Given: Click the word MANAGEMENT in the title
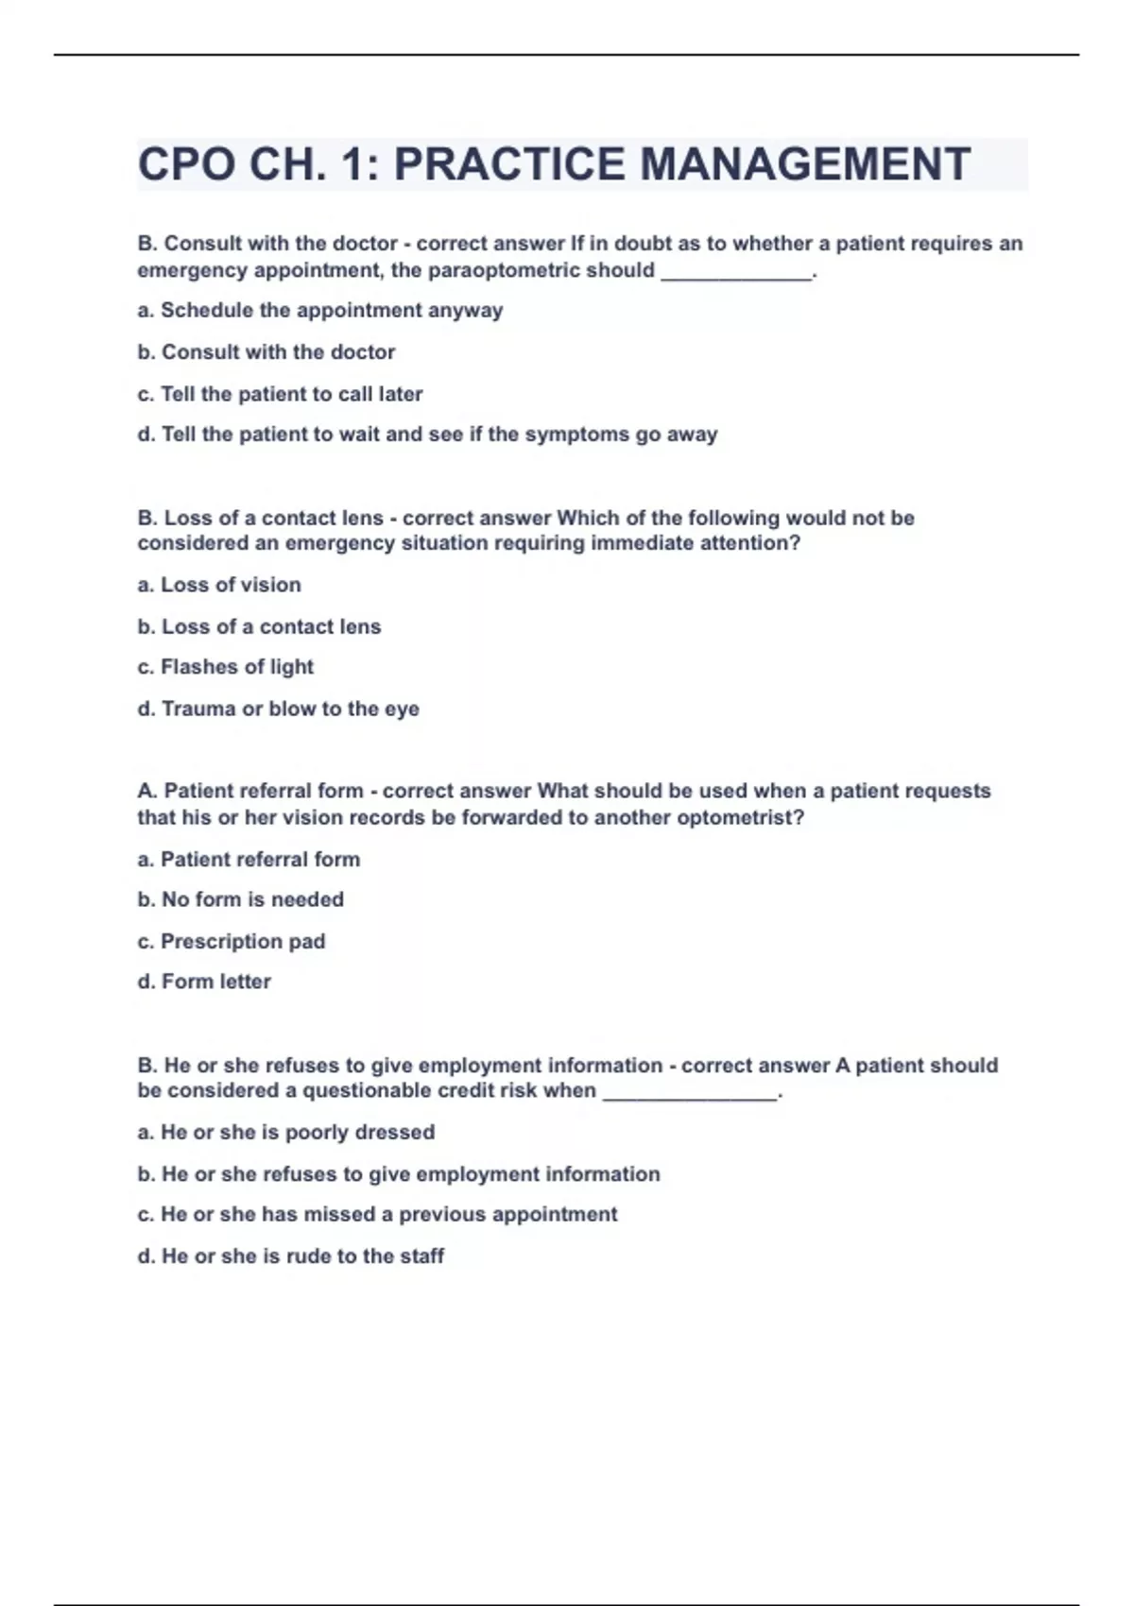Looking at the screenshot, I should tap(805, 164).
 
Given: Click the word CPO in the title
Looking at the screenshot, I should tap(186, 164).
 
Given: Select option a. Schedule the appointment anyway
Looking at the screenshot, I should tap(320, 311).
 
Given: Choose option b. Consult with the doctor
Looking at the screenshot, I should tap(266, 352).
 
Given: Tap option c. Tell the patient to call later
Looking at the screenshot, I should tap(280, 394).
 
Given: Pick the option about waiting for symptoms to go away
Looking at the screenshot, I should tap(427, 435).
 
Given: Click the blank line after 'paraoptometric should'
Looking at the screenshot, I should tap(736, 274).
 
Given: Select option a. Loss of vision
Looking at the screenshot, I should tap(219, 585).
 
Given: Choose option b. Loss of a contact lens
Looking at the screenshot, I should tap(259, 626).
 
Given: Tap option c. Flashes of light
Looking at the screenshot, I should tap(225, 667).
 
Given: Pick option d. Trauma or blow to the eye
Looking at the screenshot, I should tap(278, 709).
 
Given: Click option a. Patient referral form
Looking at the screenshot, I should tap(249, 860).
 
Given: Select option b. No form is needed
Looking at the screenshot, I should tap(240, 899).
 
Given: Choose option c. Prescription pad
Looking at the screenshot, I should tap(232, 941).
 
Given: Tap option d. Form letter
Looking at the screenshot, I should tap(204, 982).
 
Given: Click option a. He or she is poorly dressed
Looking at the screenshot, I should tap(286, 1132).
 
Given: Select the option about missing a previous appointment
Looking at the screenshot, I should tap(377, 1214).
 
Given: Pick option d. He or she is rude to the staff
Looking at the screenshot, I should tap(291, 1256).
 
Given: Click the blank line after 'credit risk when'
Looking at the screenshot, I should tap(689, 1095).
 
